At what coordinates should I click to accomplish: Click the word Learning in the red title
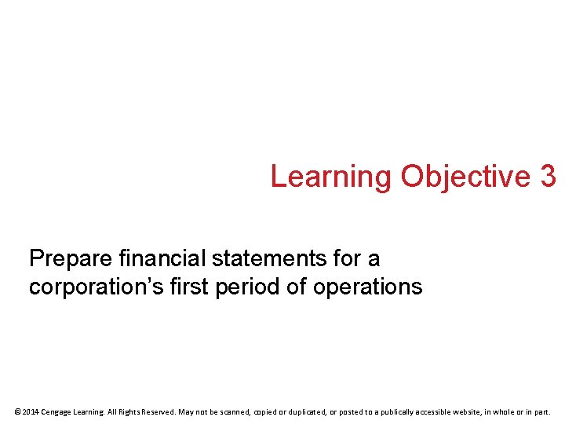coord(330,177)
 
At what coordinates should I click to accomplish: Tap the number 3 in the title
coord(548,177)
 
